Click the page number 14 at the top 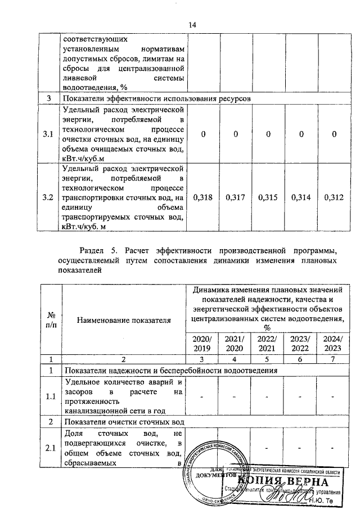pos(192,25)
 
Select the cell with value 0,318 pos(202,197)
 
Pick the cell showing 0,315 pos(268,197)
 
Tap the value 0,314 pos(301,197)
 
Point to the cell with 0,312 pos(334,197)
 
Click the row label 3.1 pos(49,134)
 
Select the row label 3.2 pos(49,197)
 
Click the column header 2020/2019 pos(202,344)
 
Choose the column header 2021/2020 pos(235,344)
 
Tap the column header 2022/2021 pos(268,344)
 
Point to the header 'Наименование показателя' pos(124,321)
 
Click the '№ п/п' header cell pos(49,321)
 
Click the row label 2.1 pos(49,448)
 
